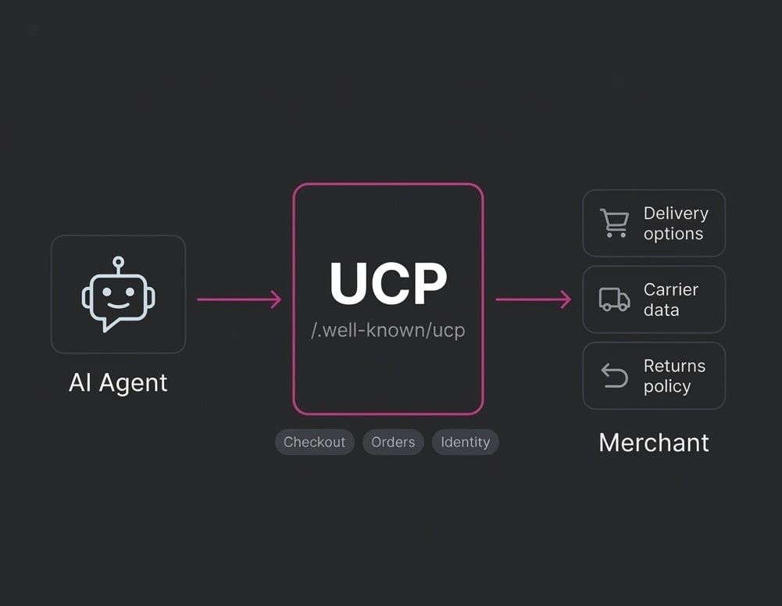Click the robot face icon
(x=118, y=295)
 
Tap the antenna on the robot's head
(x=118, y=262)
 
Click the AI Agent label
(x=118, y=382)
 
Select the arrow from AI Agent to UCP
(x=239, y=299)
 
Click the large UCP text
(x=388, y=283)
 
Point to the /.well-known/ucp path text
(x=388, y=330)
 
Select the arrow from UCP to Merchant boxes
(x=534, y=299)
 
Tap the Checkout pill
(x=314, y=442)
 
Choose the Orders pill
(x=393, y=442)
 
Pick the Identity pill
(x=465, y=442)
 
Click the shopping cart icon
(x=614, y=223)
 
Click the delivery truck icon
(x=614, y=299)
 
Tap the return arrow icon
(x=614, y=375)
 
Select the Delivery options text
(x=675, y=223)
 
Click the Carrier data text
(x=670, y=299)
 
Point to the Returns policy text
(x=673, y=375)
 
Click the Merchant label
(x=653, y=443)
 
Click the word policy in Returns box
(x=666, y=386)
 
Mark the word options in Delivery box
(x=673, y=234)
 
